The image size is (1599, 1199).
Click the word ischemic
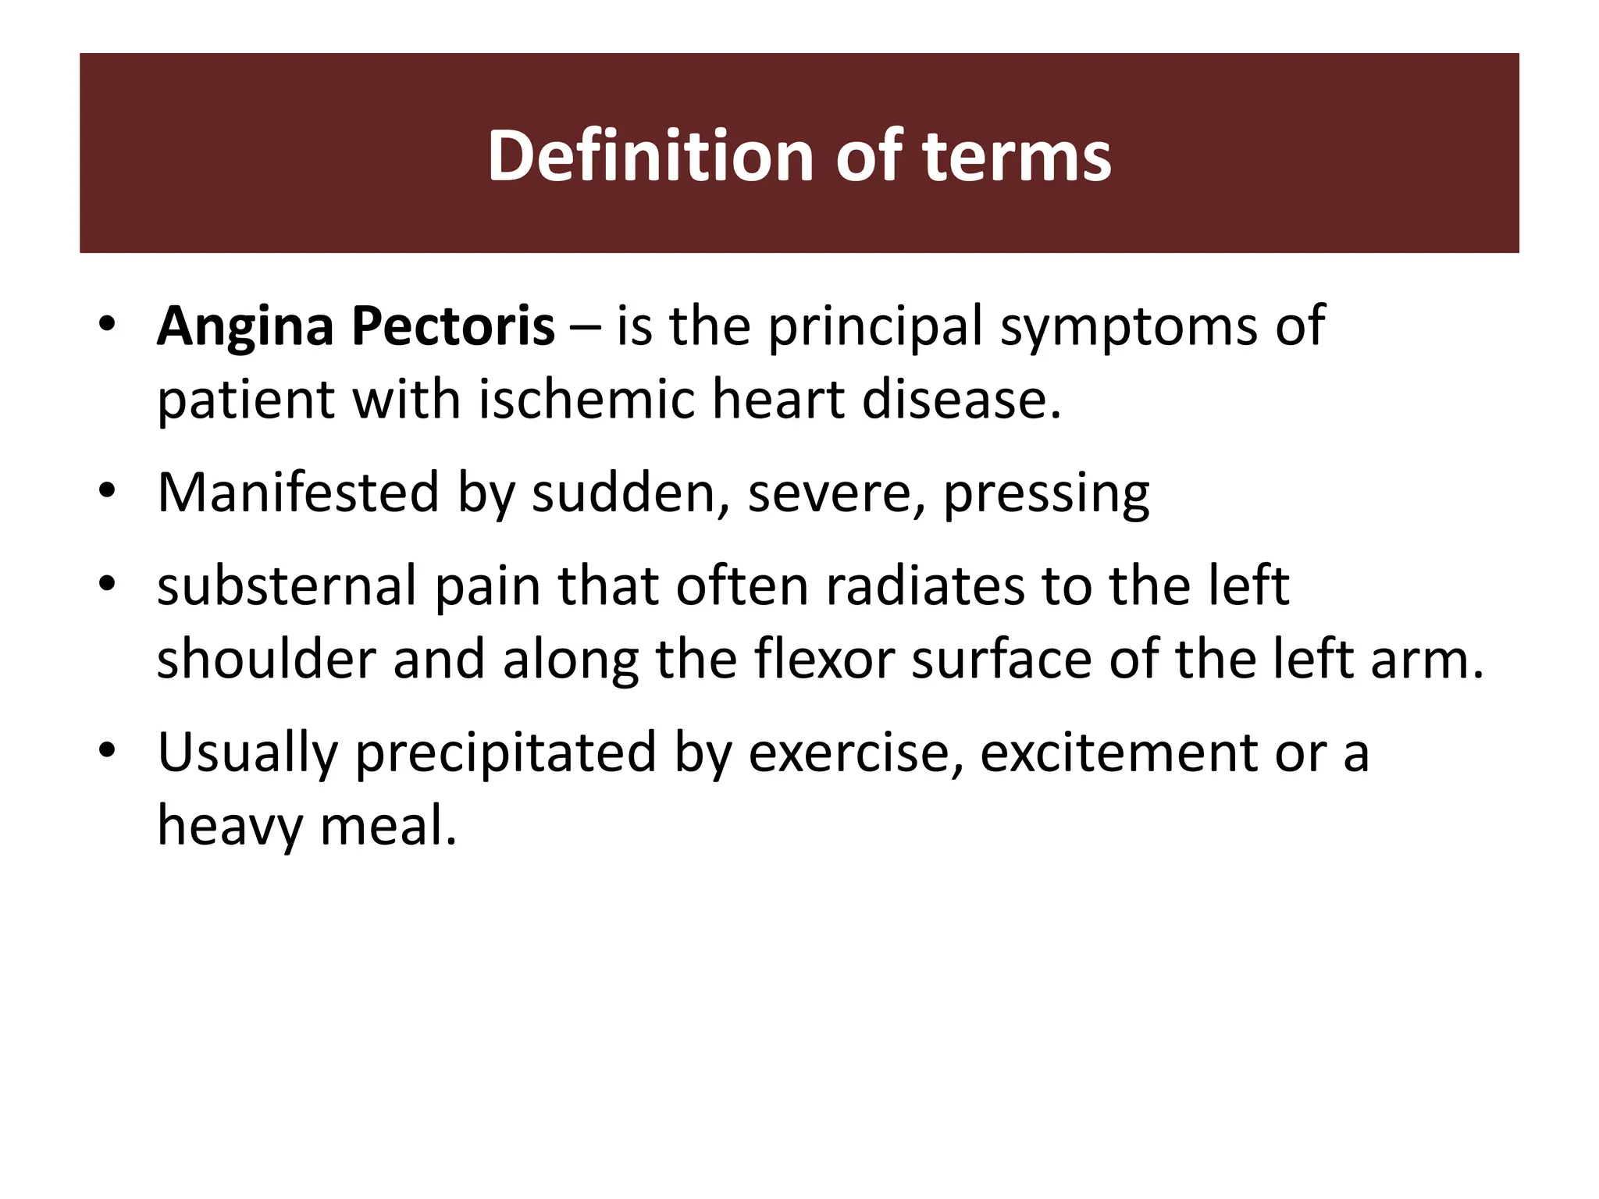pos(586,400)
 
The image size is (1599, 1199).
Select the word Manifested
pos(298,493)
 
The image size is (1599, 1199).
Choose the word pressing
pos(1046,494)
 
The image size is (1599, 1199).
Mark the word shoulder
pos(266,659)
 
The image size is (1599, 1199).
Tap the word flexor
pos(823,659)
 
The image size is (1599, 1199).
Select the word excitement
pos(1118,753)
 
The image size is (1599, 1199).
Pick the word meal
pos(388,826)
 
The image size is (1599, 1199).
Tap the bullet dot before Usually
pos(107,751)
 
